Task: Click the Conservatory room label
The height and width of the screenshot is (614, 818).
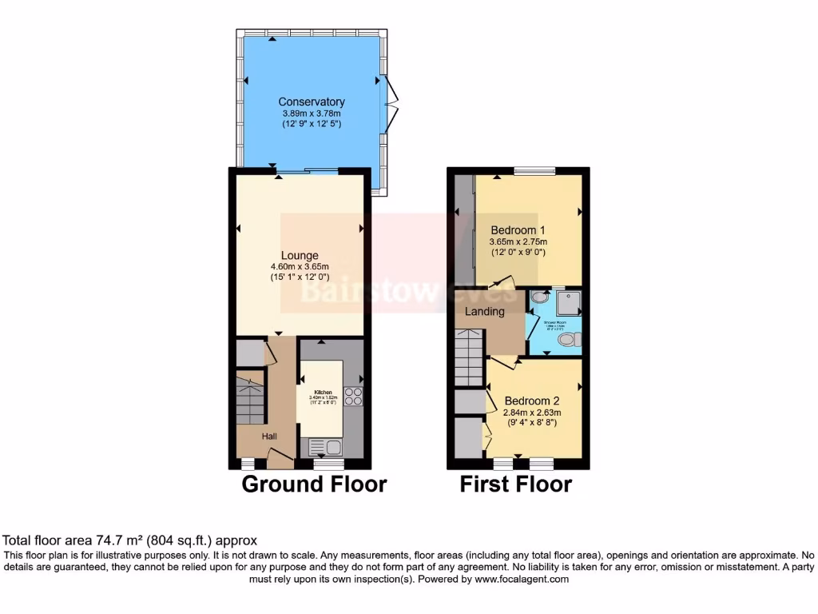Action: [312, 102]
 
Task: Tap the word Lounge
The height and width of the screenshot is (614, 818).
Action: [300, 256]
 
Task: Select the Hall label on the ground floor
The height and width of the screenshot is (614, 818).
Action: [270, 436]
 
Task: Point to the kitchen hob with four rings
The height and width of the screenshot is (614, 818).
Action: [353, 397]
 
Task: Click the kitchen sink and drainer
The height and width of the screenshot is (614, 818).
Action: [324, 448]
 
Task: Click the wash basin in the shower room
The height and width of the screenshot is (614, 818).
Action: [536, 297]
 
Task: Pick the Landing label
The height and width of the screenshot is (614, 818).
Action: [485, 312]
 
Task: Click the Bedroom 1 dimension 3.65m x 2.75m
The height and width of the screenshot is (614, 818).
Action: [518, 241]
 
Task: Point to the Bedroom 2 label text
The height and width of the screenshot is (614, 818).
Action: [532, 401]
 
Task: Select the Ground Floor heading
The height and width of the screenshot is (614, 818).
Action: [314, 484]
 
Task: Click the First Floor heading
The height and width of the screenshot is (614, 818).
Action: [515, 484]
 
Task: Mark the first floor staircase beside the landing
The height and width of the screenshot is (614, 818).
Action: [470, 360]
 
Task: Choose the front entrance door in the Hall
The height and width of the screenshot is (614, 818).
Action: [280, 460]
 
